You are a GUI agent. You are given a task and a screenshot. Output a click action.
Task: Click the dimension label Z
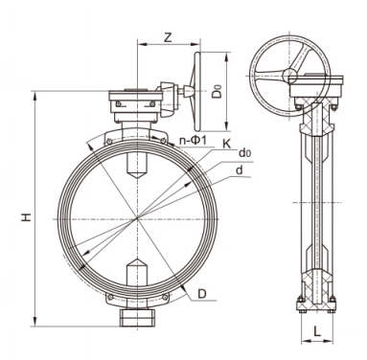(168, 37)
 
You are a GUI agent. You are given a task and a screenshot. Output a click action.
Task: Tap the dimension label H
(27, 217)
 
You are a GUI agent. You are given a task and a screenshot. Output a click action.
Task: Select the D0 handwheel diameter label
(218, 91)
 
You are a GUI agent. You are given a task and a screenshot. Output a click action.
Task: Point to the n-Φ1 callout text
(194, 141)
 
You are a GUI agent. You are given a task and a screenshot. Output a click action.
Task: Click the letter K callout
(226, 145)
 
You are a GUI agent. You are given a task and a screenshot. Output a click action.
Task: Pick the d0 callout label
(244, 153)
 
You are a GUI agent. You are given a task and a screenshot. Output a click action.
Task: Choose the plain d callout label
(240, 170)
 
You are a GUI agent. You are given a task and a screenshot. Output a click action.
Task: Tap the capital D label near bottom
(202, 294)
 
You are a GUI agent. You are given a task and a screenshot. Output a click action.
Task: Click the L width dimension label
(317, 331)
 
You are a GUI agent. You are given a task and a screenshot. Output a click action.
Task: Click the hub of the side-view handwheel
(289, 76)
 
